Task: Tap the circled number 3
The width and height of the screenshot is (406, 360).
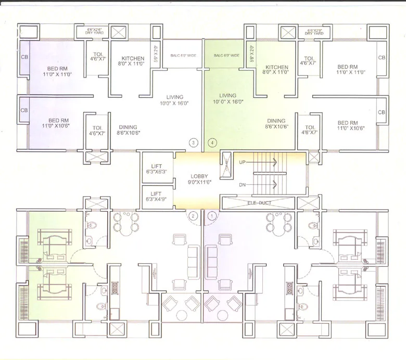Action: click(x=194, y=142)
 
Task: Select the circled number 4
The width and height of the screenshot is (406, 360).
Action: click(x=212, y=142)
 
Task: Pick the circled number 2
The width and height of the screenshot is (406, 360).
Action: click(x=194, y=215)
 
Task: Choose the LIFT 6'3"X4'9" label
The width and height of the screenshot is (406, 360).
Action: click(x=157, y=196)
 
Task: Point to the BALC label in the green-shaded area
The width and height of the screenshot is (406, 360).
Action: click(x=226, y=56)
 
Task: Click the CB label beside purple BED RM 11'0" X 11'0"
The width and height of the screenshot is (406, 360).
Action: click(x=24, y=57)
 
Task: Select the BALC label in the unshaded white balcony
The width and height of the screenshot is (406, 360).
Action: click(x=182, y=56)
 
